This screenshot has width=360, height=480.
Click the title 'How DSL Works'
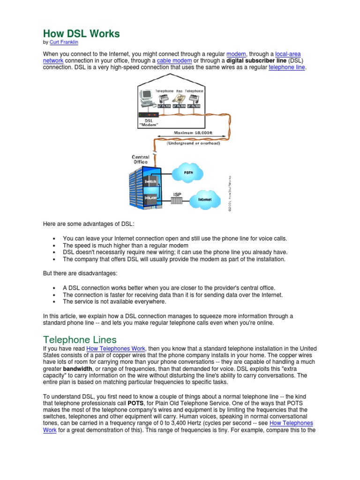82,34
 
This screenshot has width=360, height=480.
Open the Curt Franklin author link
64,42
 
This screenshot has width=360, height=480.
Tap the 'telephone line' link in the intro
287,67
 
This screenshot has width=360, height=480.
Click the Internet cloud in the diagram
205,199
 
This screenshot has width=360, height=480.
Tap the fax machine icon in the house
179,99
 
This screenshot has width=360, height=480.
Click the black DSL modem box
149,114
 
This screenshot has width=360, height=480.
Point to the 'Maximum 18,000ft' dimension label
193,133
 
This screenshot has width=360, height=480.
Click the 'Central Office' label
140,159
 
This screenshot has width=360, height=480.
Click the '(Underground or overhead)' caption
193,143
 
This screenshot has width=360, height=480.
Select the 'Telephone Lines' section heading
80,339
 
